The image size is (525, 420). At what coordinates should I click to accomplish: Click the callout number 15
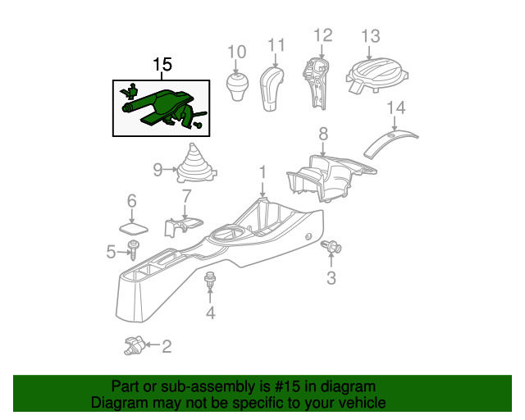click(x=162, y=65)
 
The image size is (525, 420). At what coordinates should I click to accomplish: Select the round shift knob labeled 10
click(x=237, y=88)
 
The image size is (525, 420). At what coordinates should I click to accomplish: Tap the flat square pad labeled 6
click(x=132, y=226)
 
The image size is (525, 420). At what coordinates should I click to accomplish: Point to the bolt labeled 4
click(x=210, y=281)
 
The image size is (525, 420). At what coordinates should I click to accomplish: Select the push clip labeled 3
click(x=334, y=246)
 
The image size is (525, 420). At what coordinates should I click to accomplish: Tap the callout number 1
click(x=262, y=172)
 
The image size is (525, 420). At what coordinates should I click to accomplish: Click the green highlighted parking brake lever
click(x=164, y=106)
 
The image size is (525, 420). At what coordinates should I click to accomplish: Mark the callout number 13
click(x=371, y=35)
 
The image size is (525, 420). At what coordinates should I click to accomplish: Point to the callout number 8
click(x=323, y=133)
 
